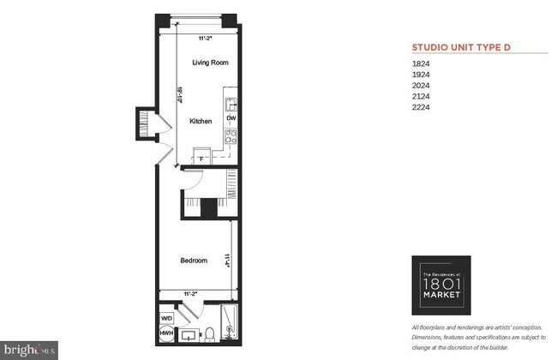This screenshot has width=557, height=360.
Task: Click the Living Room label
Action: [x=210, y=63]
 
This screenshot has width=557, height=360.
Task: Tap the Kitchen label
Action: [x=201, y=122]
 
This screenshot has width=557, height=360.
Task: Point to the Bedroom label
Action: [x=193, y=261]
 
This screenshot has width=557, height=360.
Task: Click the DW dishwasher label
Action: [x=231, y=118]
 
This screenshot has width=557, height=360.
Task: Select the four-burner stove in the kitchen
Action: [x=231, y=136]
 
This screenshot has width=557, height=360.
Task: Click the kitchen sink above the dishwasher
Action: [x=231, y=104]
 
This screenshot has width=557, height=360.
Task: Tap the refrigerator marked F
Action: [x=201, y=158]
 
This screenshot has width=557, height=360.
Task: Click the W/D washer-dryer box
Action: [x=167, y=319]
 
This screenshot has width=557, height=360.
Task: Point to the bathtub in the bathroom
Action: [x=230, y=322]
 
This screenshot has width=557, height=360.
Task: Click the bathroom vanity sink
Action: [x=188, y=333]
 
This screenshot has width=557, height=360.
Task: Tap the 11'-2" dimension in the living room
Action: [x=205, y=38]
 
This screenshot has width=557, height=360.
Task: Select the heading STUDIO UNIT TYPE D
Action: [x=461, y=47]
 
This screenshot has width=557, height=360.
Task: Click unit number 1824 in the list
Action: [x=422, y=63]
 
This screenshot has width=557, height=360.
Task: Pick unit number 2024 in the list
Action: [x=422, y=86]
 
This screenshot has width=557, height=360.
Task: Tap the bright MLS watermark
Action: [x=30, y=350]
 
